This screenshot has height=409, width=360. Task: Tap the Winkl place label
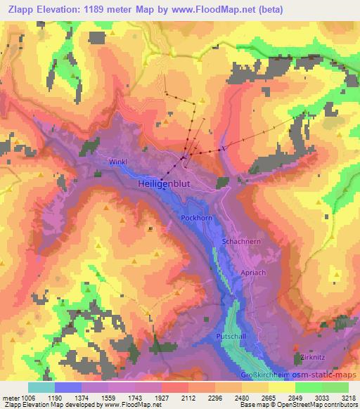tap(117, 162)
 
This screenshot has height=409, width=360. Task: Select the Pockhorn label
tap(195, 219)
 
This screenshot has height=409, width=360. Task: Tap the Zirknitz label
tap(309, 356)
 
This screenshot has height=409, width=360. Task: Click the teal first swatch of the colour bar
tap(41, 387)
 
